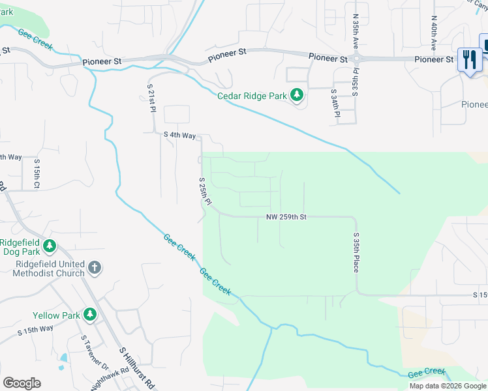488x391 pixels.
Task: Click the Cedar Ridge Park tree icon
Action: pos(297,96)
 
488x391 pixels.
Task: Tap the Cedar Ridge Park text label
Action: pos(252,96)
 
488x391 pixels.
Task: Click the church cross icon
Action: pos(94,267)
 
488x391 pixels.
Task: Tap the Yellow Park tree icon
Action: pos(89,315)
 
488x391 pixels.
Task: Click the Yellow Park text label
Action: pos(57,315)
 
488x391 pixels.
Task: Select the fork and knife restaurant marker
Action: pos(470,61)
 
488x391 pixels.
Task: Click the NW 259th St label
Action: pos(286,216)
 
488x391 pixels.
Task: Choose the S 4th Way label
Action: pos(179,136)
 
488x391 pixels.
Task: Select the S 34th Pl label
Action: pos(335,103)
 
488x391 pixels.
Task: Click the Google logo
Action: pos(22,383)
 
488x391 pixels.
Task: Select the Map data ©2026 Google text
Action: pos(447,386)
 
